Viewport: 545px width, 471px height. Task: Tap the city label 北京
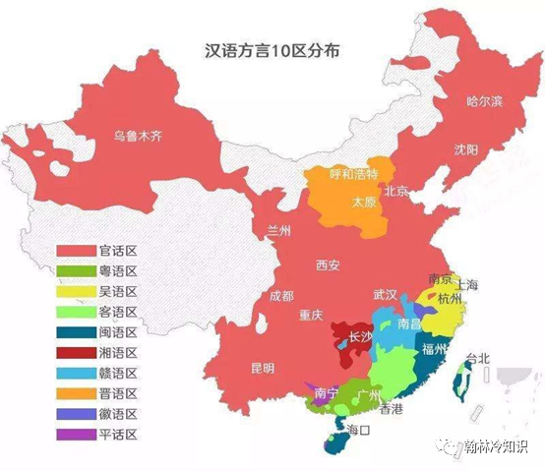[x=396, y=191]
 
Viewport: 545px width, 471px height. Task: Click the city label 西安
[x=328, y=265]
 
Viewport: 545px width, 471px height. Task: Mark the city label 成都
[x=280, y=296]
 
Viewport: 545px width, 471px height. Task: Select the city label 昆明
[x=263, y=369]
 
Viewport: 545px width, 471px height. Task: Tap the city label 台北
[x=477, y=357]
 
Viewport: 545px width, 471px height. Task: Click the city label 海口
[x=356, y=430]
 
